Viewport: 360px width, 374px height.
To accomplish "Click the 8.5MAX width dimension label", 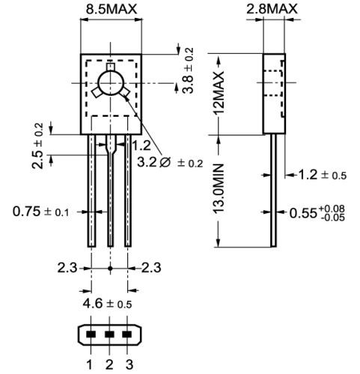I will pyautogui.click(x=110, y=10).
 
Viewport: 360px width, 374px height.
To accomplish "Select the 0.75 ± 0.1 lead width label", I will pyautogui.click(x=41, y=212).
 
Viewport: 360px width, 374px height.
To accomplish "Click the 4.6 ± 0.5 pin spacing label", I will pyautogui.click(x=110, y=304).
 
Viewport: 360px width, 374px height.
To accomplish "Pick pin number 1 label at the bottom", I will pyautogui.click(x=89, y=364).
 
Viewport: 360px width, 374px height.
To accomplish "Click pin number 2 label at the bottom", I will pyautogui.click(x=109, y=364).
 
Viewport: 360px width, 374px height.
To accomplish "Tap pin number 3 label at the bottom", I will pyautogui.click(x=129, y=364).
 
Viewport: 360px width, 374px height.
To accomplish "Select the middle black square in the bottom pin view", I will pyautogui.click(x=109, y=334).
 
